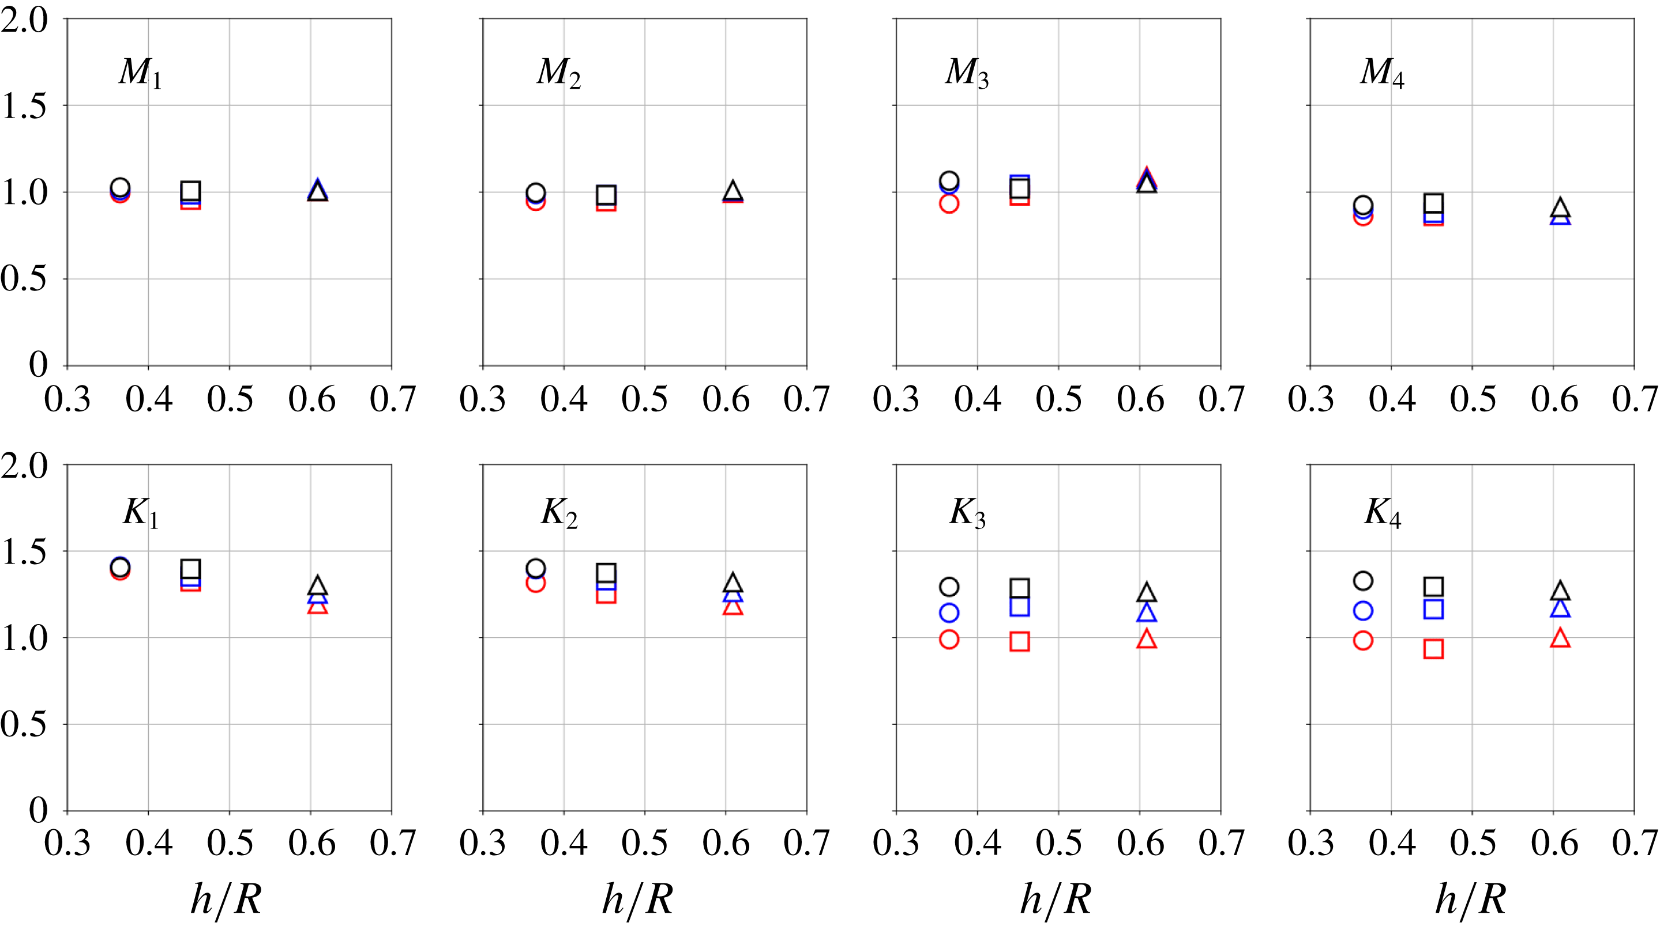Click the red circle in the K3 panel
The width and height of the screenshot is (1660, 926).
[x=949, y=640]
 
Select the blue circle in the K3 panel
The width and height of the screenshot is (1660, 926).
[x=949, y=613]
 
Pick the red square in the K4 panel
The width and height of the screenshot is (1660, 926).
[x=1433, y=648]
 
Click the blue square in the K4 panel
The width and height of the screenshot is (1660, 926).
[x=1433, y=609]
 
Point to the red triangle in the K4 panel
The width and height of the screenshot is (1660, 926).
[x=1560, y=638]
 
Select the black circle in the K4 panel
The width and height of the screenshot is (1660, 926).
[x=1363, y=581]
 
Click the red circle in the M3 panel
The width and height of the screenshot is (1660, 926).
[x=949, y=203]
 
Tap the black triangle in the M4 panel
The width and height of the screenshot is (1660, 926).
[x=1560, y=207]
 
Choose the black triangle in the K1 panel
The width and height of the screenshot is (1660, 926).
[x=317, y=586]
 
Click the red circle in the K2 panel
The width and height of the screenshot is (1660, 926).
[x=535, y=583]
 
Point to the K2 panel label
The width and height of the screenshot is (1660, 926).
[x=559, y=514]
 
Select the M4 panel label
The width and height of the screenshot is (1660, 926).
[x=1381, y=72]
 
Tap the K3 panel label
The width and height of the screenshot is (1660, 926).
[x=967, y=514]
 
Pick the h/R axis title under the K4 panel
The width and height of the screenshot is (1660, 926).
[x=1471, y=899]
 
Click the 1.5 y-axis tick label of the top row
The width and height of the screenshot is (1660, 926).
[x=24, y=106]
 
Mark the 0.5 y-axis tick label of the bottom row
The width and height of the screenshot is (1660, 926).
[x=24, y=724]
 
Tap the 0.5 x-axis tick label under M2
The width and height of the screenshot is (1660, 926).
[x=644, y=399]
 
